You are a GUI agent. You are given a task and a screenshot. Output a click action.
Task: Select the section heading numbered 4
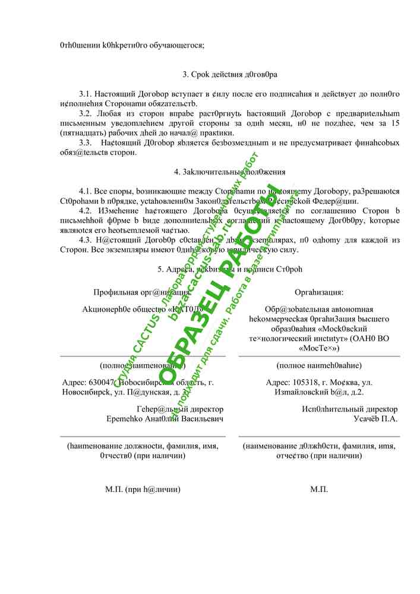[230, 172]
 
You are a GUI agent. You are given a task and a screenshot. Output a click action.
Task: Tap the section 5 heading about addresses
[230, 269]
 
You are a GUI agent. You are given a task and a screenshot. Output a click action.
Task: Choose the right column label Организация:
[319, 292]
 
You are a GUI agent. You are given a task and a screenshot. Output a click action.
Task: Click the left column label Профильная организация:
[142, 292]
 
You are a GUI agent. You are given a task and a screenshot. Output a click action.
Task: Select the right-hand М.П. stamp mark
[319, 489]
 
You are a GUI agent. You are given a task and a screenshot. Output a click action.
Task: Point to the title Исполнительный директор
[349, 409]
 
